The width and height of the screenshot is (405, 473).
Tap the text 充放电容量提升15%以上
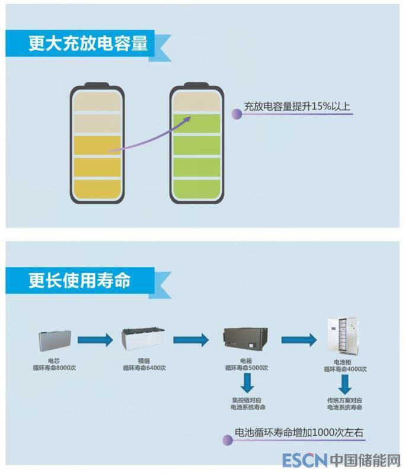pyautogui.click(x=297, y=107)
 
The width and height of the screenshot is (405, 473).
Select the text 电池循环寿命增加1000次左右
pyautogui.click(x=299, y=433)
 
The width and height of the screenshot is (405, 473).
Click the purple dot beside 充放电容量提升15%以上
pyautogui.click(x=236, y=114)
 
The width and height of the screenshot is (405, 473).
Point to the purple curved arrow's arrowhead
pyautogui.click(x=187, y=119)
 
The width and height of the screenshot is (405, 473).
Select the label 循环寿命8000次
pyautogui.click(x=55, y=368)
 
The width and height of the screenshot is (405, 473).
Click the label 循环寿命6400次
pyautogui.click(x=144, y=368)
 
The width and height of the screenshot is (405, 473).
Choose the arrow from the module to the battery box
pyautogui.click(x=191, y=340)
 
